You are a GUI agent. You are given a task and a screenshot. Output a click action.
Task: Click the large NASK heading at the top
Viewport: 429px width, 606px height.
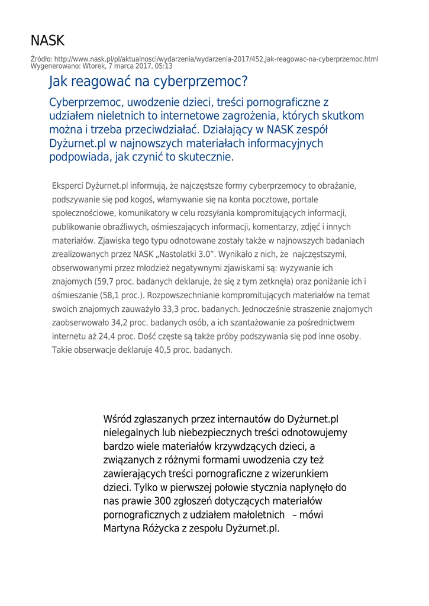click(47, 41)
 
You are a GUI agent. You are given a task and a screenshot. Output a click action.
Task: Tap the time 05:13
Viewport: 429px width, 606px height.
click(163, 66)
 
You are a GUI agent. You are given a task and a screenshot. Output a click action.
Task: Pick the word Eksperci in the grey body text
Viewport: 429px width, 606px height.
click(69, 186)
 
